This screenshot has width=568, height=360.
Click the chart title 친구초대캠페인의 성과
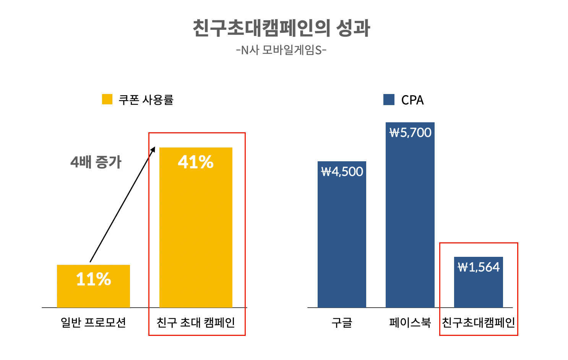coord(281,28)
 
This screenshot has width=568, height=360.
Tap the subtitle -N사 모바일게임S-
coord(281,50)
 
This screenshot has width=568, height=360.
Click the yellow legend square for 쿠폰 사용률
coord(107,99)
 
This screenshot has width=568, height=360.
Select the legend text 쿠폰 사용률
coord(146,100)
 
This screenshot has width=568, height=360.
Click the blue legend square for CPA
coord(389,100)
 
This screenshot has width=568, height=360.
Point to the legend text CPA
coord(412,100)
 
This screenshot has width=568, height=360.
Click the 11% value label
coord(94,279)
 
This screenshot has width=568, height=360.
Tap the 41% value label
coord(196,162)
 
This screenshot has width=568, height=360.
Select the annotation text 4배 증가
coord(96,162)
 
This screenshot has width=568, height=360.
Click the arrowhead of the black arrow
coord(153,149)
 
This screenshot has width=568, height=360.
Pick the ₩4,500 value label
coord(342,172)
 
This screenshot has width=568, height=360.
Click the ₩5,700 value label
coord(410,133)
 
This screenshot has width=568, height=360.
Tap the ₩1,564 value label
coord(479,267)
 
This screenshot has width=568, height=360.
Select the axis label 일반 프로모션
coord(93,323)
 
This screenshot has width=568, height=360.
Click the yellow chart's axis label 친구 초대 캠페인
coord(196,323)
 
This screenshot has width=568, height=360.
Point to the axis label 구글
coord(342,323)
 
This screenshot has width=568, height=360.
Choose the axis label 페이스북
coord(410,323)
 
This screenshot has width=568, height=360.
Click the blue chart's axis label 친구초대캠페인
coord(479,323)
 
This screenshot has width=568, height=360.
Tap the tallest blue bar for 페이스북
coord(410,222)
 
